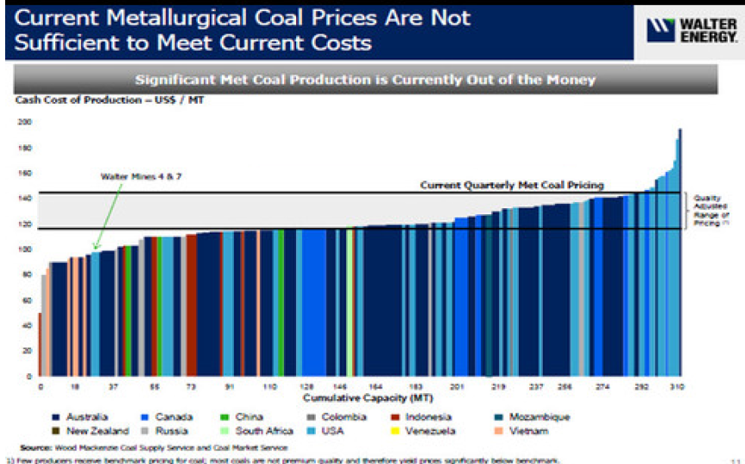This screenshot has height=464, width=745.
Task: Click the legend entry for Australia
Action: point(85,416)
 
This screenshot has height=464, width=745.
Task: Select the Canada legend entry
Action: point(173,416)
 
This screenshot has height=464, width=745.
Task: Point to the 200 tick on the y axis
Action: point(23,123)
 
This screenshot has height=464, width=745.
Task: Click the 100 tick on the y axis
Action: point(23,250)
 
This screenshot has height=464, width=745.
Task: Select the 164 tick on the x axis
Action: point(376,388)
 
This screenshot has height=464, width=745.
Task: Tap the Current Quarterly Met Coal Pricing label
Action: point(511,185)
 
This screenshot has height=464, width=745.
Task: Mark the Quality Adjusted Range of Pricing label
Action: point(710,209)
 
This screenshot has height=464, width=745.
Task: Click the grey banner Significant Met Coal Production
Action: point(365,79)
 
